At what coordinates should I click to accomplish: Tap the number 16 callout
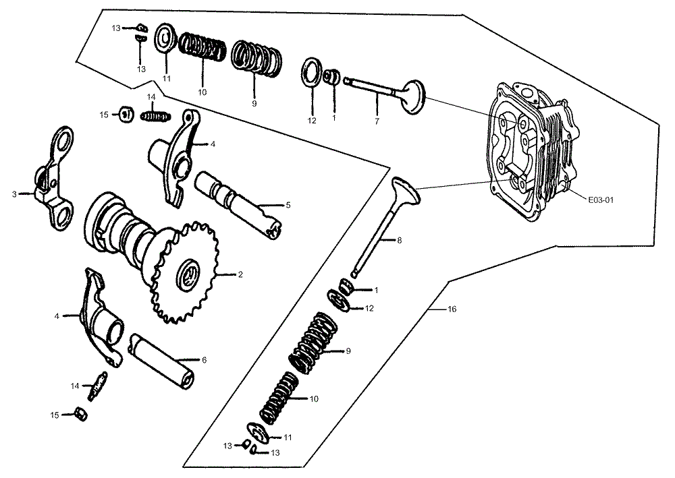point(452,309)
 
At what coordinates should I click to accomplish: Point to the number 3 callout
point(14,194)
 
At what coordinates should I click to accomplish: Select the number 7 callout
point(377,122)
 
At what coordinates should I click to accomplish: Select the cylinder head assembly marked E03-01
point(533,152)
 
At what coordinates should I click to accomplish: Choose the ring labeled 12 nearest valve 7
point(311,71)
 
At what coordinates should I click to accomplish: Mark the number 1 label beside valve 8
point(376,291)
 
